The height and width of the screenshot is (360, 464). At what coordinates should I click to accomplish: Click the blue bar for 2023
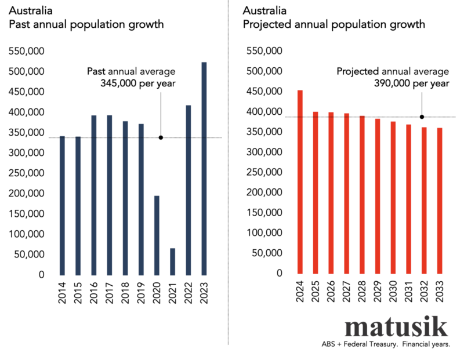tap(204, 168)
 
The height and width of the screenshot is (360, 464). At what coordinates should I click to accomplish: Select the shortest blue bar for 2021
tap(172, 261)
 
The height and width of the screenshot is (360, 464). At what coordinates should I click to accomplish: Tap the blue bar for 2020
tap(157, 235)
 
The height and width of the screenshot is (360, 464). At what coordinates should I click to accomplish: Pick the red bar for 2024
tap(300, 181)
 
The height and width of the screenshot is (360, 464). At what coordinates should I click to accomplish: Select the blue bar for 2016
tap(94, 195)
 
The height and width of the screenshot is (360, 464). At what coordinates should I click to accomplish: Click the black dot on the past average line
tap(161, 137)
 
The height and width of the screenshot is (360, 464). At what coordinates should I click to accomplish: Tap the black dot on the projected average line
tap(422, 117)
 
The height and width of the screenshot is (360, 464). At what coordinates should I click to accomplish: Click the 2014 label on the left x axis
tap(63, 292)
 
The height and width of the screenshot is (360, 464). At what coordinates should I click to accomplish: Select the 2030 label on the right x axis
tap(393, 291)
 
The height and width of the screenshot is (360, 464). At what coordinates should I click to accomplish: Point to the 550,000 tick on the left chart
tap(27, 52)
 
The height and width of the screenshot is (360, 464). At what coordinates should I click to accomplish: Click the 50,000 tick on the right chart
tap(266, 253)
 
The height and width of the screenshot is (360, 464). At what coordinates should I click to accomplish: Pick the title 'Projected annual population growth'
tap(333, 25)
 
